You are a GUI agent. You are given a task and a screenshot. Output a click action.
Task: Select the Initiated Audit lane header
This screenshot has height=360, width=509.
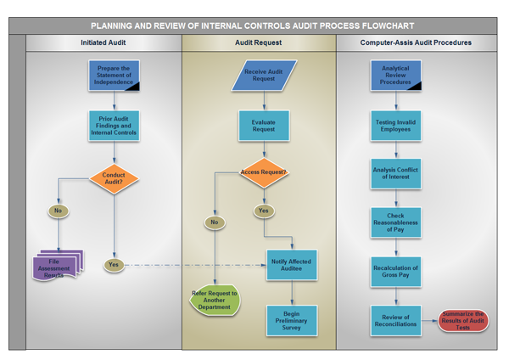103,42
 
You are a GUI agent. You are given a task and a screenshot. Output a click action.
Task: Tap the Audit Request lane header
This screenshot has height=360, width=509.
259,42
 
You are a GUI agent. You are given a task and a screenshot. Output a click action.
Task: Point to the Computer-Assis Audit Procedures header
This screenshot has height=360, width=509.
416,42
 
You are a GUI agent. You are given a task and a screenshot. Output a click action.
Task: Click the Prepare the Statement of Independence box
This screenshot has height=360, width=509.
114,75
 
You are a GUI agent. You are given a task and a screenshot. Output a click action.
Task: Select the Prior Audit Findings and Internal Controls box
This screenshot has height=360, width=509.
114,126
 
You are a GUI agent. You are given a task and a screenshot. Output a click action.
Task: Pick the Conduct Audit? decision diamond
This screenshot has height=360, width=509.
114,178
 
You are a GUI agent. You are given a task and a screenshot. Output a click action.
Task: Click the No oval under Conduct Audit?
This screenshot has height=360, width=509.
58,211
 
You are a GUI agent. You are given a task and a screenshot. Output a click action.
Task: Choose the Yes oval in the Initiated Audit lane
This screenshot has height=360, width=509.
114,265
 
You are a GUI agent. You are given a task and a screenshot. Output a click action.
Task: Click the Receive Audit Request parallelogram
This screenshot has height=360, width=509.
264,75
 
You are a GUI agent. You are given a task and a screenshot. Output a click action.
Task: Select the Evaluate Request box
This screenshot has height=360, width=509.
264,126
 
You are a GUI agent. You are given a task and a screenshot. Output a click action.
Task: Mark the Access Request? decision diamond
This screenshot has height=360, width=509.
264,172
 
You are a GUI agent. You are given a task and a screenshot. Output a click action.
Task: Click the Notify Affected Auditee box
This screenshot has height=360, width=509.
291,265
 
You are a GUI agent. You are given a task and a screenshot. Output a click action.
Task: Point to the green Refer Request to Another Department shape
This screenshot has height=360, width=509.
215,301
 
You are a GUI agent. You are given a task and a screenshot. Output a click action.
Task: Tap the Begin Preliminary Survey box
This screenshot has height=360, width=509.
292,320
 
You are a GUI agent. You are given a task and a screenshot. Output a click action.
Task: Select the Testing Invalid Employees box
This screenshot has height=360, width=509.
395,126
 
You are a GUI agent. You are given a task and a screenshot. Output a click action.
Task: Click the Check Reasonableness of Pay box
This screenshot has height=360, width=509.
395,222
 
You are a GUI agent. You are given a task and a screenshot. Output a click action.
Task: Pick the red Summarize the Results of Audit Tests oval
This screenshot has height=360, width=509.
463,320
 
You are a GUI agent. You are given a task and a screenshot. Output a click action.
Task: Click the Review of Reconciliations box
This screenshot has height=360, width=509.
395,320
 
